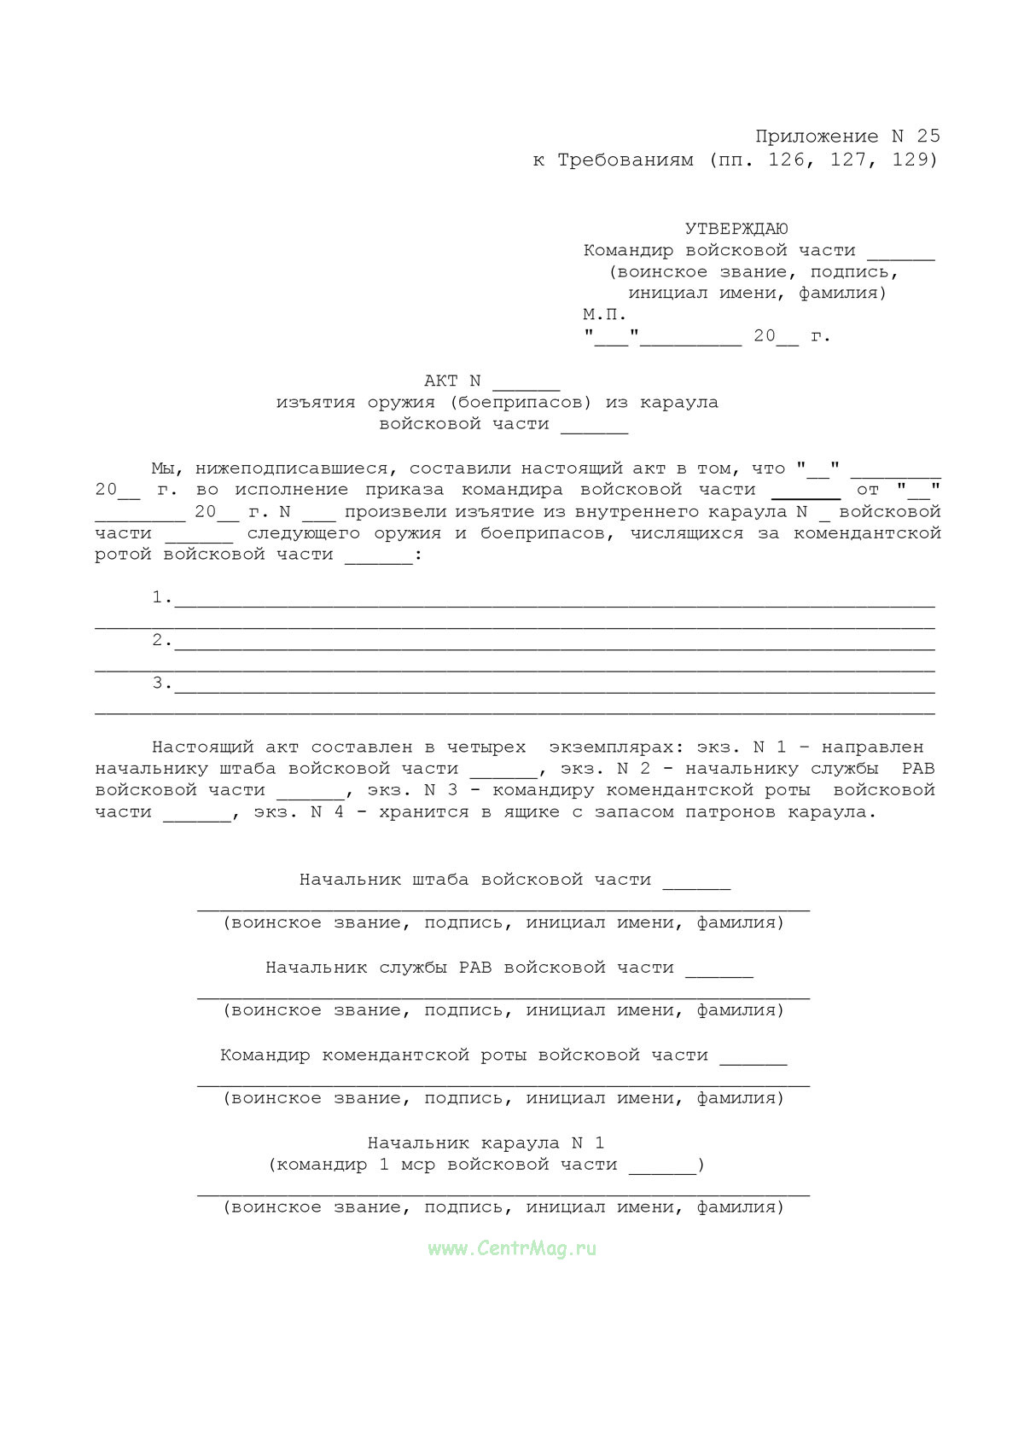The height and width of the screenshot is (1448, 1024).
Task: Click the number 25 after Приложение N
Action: pos(928,137)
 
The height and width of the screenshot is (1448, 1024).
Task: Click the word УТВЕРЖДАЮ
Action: pos(736,229)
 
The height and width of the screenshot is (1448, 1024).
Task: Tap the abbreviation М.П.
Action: pos(605,314)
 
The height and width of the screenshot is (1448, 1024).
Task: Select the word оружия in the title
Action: pos(401,403)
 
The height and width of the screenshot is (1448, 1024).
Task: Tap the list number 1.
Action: pos(158,597)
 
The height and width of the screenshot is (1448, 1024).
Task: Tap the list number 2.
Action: pos(158,640)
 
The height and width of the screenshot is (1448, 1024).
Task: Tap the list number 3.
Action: pos(158,683)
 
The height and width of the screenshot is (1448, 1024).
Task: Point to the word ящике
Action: pos(532,812)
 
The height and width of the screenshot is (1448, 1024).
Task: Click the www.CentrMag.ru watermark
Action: pos(512,1248)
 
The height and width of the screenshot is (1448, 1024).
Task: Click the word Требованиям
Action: pos(625,160)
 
